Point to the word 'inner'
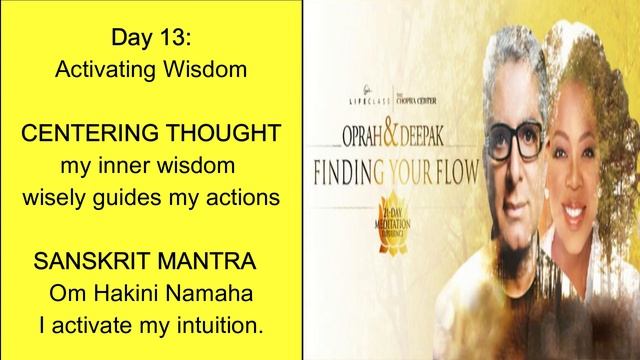point(136,163)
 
